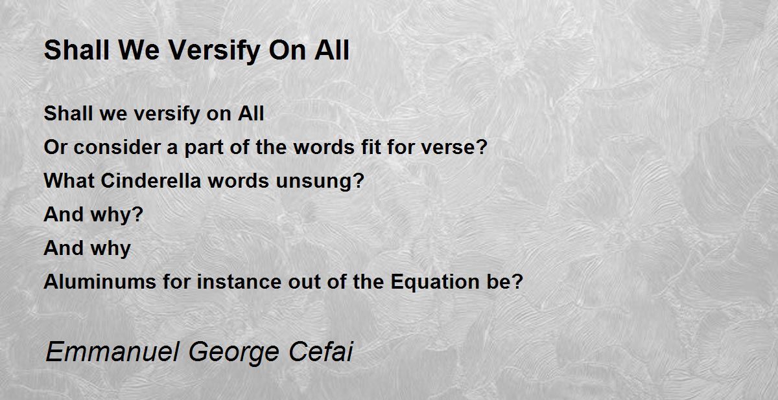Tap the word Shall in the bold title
tap(77, 50)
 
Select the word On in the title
tap(287, 50)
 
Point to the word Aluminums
tap(100, 282)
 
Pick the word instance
tap(239, 282)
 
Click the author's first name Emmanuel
tap(113, 351)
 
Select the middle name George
tap(234, 353)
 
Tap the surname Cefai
tap(321, 351)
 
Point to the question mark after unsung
tap(359, 181)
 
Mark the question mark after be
tap(517, 282)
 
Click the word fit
tap(371, 147)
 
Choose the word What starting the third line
tap(69, 181)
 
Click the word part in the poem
tap(204, 149)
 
